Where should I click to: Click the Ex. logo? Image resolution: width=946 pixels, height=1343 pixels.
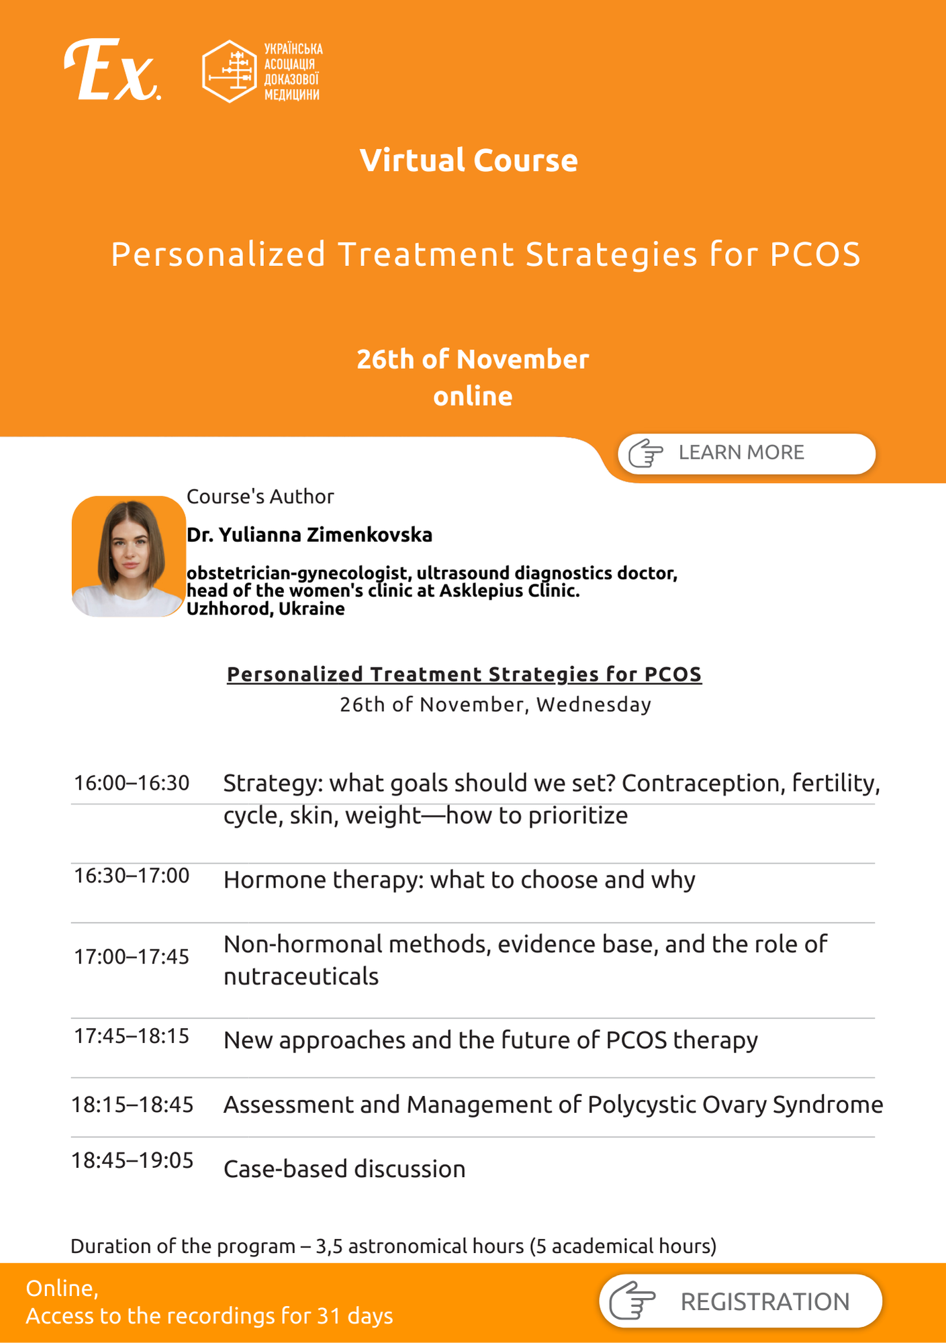coord(112,70)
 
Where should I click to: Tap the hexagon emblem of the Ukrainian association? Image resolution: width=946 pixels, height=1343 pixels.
coord(230,71)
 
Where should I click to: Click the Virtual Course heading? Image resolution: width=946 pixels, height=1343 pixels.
coord(469,160)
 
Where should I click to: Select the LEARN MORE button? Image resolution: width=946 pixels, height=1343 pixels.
coord(747,453)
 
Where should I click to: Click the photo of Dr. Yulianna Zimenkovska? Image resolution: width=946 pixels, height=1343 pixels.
coord(129,556)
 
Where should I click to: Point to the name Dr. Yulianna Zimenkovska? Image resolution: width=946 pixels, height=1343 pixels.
coord(310,535)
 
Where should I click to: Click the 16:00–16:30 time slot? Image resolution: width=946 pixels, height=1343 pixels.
coord(132,783)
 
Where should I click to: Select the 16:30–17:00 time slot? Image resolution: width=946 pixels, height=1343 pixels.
coord(132,876)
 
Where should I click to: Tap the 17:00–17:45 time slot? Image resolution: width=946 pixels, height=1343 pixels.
coord(132,956)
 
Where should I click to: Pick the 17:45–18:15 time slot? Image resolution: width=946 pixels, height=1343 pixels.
coord(132,1036)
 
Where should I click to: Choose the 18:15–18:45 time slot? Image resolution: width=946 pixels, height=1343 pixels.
coord(132,1105)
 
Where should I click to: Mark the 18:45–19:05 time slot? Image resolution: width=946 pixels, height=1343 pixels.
coord(132,1160)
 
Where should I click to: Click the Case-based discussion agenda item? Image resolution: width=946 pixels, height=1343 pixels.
coord(344,1169)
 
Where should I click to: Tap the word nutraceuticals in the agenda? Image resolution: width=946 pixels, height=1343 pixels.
coord(301,976)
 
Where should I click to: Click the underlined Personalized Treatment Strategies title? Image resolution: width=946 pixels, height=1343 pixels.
coord(464,674)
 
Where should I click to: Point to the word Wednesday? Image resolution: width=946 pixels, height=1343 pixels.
coord(594,705)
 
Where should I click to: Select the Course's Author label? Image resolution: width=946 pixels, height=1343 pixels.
coord(260,497)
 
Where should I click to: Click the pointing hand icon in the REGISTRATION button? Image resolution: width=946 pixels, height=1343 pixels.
coord(632,1301)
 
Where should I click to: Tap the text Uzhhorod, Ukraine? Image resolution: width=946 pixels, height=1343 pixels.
coord(266,609)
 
